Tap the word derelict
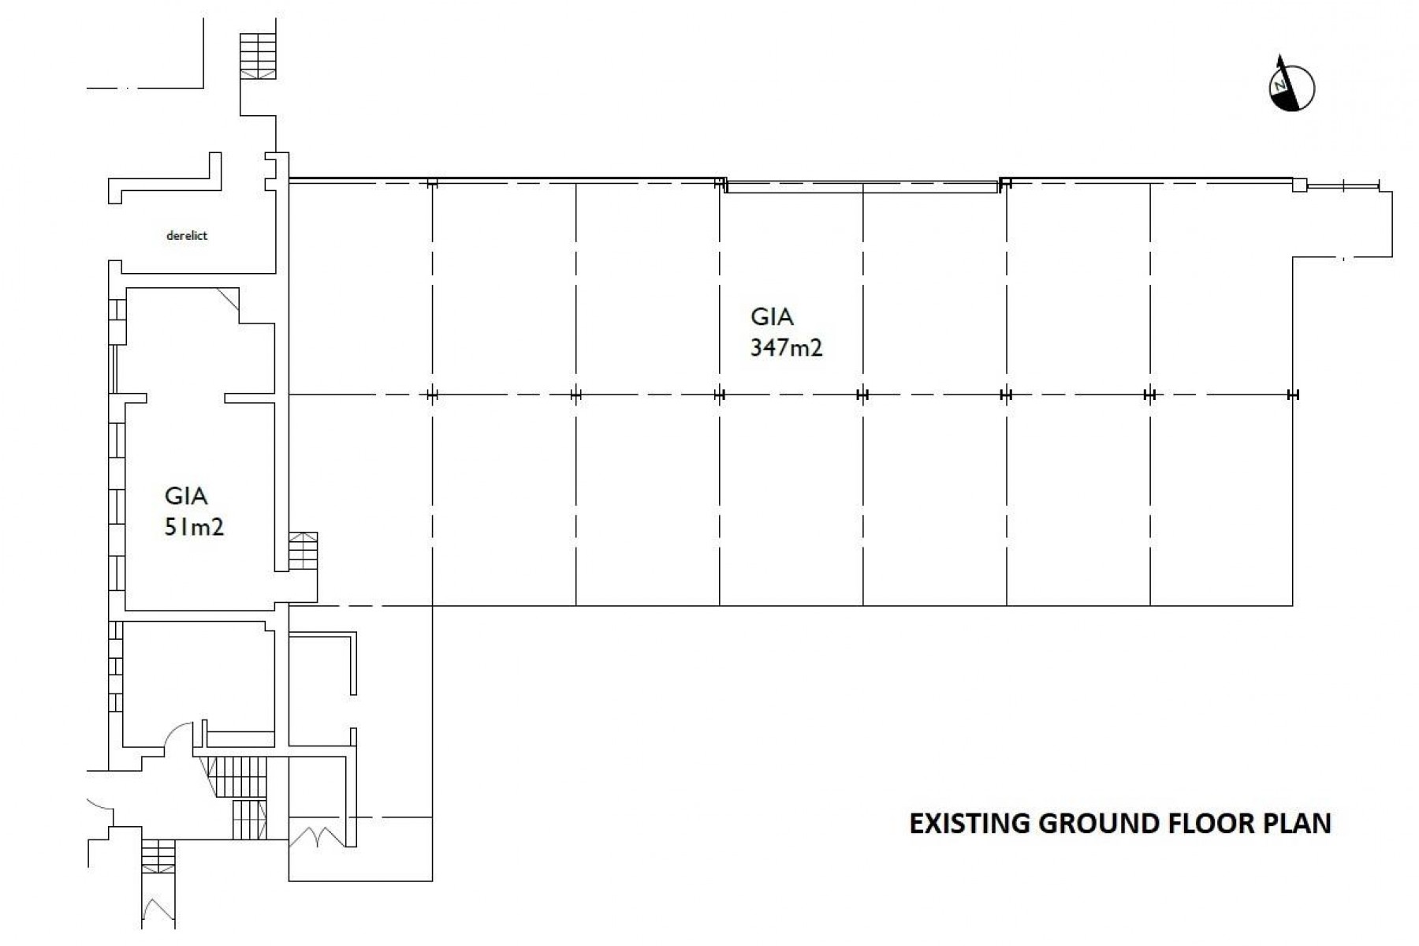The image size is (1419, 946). (187, 235)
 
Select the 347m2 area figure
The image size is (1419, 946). (786, 347)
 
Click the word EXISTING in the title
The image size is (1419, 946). (970, 823)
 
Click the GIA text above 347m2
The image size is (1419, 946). (772, 317)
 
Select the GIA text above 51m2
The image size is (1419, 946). (186, 495)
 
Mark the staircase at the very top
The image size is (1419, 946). (258, 55)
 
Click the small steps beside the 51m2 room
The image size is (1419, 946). (304, 550)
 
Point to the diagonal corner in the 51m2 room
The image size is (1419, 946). (229, 298)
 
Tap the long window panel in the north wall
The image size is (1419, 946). (861, 186)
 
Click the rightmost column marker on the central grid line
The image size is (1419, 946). (1292, 394)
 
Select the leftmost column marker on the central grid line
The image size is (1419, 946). (431, 394)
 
